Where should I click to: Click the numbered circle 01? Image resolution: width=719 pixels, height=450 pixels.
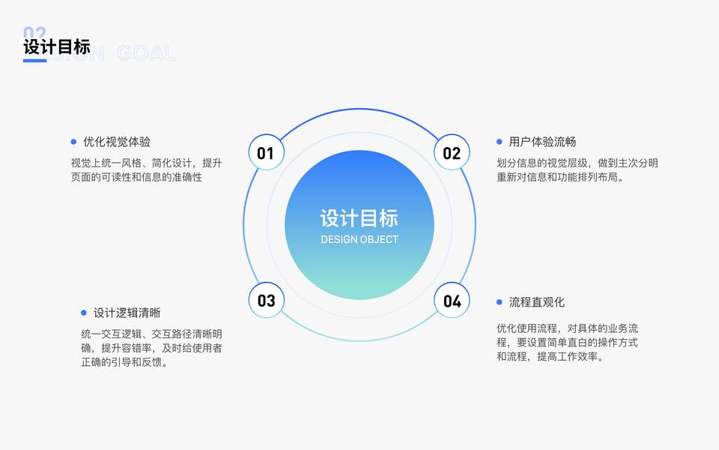click(x=266, y=153)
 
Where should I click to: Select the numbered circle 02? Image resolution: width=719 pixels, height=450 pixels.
click(x=452, y=153)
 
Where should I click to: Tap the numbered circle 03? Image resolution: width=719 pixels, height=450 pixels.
click(x=266, y=301)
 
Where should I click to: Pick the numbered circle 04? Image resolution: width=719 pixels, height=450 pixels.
click(x=452, y=301)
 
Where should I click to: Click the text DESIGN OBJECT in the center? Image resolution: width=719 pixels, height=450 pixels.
click(x=359, y=239)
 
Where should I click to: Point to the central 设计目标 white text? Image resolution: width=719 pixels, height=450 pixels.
click(x=359, y=218)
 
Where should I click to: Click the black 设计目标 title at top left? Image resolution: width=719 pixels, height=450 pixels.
click(x=57, y=46)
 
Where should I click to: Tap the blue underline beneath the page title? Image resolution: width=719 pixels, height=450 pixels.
click(x=34, y=61)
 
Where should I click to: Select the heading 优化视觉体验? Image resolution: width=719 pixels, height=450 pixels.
click(x=117, y=142)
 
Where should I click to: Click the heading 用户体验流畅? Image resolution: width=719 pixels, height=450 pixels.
click(x=542, y=142)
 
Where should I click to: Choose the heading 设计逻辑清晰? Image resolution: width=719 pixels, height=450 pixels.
click(x=127, y=313)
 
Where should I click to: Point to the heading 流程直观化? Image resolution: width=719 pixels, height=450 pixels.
click(x=537, y=302)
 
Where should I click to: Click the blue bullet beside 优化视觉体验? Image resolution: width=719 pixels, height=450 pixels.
click(x=73, y=142)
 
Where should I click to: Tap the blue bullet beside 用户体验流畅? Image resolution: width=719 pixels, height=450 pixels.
click(x=500, y=142)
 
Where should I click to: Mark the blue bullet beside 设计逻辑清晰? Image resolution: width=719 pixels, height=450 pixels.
click(x=84, y=313)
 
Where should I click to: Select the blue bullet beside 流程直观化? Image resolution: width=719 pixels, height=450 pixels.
click(x=500, y=302)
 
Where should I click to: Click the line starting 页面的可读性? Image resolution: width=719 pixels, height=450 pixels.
click(x=136, y=177)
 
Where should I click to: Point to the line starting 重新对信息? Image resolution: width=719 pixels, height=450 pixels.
click(x=560, y=177)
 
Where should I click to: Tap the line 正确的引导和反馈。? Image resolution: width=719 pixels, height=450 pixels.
click(x=124, y=362)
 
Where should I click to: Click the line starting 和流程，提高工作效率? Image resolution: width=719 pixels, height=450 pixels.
click(x=550, y=356)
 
